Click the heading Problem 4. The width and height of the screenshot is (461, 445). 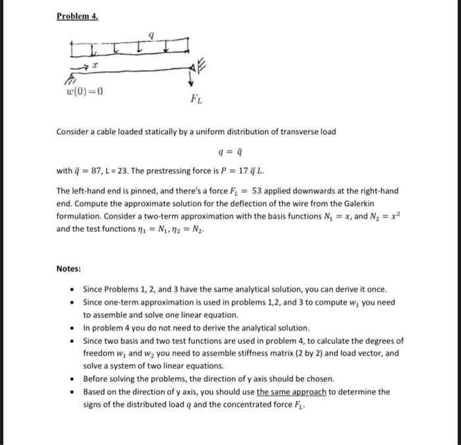[77, 16]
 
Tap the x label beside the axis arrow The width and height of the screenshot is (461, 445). [95, 67]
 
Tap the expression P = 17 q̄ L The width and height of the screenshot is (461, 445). [242, 171]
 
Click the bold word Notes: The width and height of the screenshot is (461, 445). [68, 269]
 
